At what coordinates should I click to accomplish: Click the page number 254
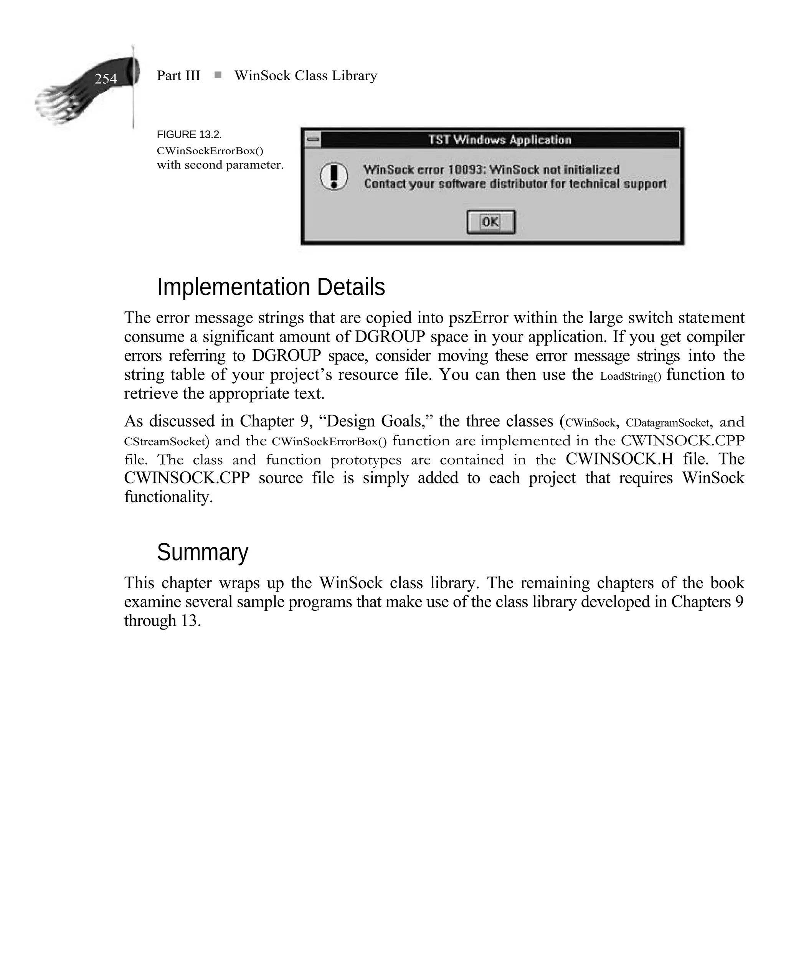pyautogui.click(x=106, y=79)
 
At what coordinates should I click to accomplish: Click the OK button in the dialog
pyautogui.click(x=491, y=222)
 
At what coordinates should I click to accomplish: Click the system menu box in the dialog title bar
pyautogui.click(x=312, y=139)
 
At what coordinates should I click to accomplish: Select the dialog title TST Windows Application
pyautogui.click(x=500, y=139)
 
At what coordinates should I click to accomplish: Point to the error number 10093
pyautogui.click(x=466, y=169)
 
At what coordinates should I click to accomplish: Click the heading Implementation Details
pyautogui.click(x=271, y=287)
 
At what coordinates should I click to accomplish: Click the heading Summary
pyautogui.click(x=202, y=552)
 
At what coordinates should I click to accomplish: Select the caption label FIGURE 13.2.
pyautogui.click(x=189, y=134)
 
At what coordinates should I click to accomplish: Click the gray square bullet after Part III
pyautogui.click(x=218, y=75)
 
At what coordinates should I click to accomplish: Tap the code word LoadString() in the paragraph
pyautogui.click(x=630, y=376)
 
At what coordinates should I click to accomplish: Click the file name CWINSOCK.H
pyautogui.click(x=619, y=459)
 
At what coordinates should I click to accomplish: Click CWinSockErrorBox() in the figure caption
pyautogui.click(x=210, y=150)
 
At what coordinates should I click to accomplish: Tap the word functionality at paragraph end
pyautogui.click(x=168, y=497)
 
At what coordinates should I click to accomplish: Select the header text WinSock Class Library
pyautogui.click(x=305, y=76)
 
